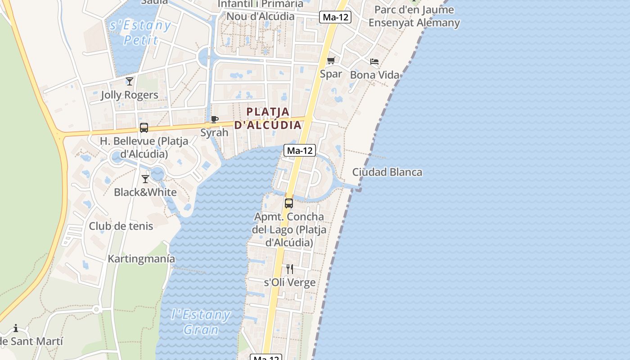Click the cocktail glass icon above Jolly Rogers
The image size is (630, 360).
[130, 81]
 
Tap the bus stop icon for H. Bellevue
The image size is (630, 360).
[144, 128]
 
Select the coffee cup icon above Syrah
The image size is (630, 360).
[215, 119]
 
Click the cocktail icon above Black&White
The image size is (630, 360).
[145, 179]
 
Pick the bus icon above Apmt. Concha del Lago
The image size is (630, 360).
[289, 203]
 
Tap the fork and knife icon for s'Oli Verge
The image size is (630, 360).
[290, 269]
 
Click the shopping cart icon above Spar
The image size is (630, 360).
[331, 61]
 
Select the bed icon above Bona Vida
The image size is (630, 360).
[374, 62]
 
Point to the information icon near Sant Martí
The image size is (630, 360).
[16, 328]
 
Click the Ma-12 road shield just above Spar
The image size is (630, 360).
[335, 17]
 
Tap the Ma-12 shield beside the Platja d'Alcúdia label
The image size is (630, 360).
[299, 151]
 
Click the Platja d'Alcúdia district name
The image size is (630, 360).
[268, 118]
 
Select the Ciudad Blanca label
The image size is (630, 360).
[387, 172]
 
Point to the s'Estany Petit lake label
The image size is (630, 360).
[140, 32]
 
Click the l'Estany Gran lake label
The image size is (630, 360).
[201, 322]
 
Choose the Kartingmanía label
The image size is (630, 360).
[141, 259]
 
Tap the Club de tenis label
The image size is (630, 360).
[121, 226]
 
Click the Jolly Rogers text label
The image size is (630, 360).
[130, 95]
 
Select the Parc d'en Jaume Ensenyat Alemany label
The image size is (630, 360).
[414, 16]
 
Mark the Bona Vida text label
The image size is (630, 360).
[374, 75]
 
